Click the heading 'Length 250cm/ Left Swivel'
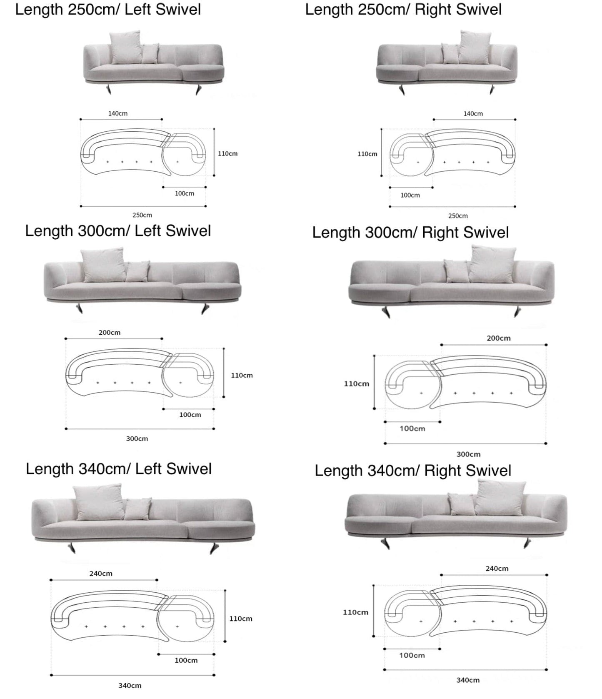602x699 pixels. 108,10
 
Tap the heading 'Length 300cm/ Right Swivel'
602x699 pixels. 410,233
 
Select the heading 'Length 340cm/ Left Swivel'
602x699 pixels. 119,469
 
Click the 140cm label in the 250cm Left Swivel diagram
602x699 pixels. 118,113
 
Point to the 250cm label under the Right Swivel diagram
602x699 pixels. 458,216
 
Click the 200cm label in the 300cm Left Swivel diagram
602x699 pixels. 110,333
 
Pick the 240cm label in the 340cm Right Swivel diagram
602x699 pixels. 497,569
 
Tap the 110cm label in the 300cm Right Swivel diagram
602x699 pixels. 357,384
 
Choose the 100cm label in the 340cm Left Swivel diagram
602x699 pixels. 186,660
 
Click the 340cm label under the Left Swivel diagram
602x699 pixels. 130,685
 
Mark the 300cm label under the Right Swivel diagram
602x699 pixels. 469,454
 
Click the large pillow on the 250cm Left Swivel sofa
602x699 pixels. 126,47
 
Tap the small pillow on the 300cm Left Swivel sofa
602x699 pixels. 138,271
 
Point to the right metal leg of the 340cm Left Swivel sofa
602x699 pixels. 215,548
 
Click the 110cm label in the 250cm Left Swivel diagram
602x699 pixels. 228,154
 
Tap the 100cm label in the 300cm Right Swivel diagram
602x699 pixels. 412,428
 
